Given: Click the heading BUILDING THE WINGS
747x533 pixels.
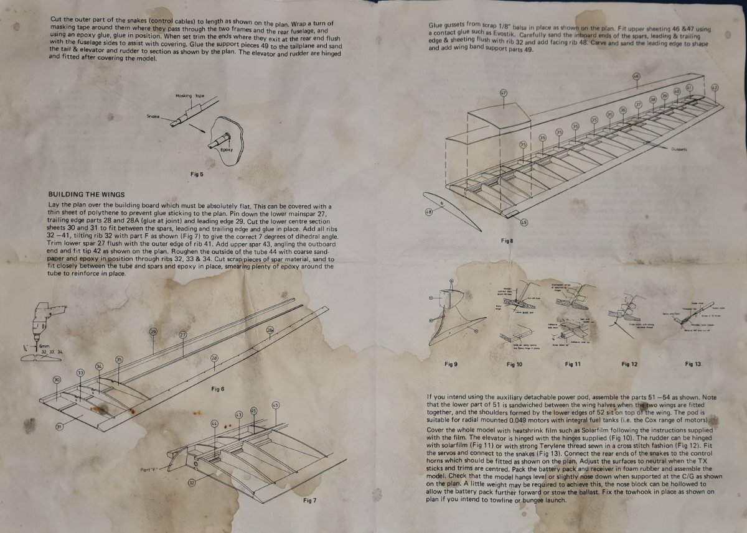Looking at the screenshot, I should [x=87, y=194].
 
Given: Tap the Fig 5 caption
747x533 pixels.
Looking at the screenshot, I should [x=197, y=174].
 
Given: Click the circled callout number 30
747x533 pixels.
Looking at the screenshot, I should [x=57, y=379].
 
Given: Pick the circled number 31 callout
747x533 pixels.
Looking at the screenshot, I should [x=60, y=427].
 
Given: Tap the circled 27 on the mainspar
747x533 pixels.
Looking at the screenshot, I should [x=183, y=335].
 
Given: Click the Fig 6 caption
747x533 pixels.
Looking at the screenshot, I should [x=217, y=389].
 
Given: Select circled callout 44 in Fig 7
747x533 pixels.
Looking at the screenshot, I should [x=215, y=424].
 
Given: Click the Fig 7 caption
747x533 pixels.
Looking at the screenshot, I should [x=309, y=500].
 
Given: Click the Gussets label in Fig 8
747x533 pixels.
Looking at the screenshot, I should [x=679, y=149].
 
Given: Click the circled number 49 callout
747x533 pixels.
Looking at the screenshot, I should [x=524, y=222].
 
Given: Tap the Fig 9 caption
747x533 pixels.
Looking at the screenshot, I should [x=451, y=364].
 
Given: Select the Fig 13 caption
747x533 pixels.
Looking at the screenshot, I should [x=692, y=364].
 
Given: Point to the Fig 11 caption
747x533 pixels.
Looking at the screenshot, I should [x=572, y=364].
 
